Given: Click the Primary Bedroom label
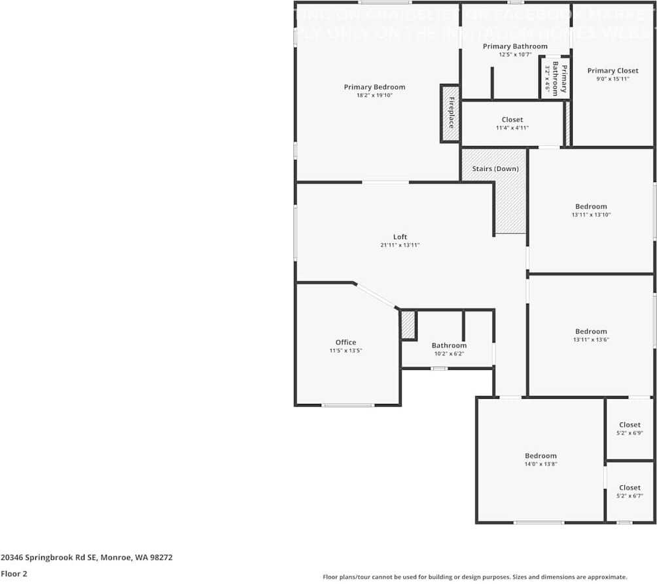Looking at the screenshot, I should coord(374,87).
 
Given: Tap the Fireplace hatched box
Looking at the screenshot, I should coord(450,113).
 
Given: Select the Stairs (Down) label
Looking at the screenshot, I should coord(495,169).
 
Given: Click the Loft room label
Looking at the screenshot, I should coord(400,237).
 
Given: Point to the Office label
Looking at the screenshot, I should coord(346,342).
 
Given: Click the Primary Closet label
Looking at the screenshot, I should coord(613,71).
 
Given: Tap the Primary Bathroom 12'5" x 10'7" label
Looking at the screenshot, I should coord(515,46).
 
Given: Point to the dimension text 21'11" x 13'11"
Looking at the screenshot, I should coord(400,246).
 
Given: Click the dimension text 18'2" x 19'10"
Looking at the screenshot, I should coord(374,96).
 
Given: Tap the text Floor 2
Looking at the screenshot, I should coord(14,574).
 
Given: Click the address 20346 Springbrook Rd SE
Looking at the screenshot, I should coord(49,558).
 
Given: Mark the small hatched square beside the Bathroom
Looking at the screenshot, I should coord(408,325).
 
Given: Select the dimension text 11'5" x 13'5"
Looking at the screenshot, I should coord(346,351).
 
